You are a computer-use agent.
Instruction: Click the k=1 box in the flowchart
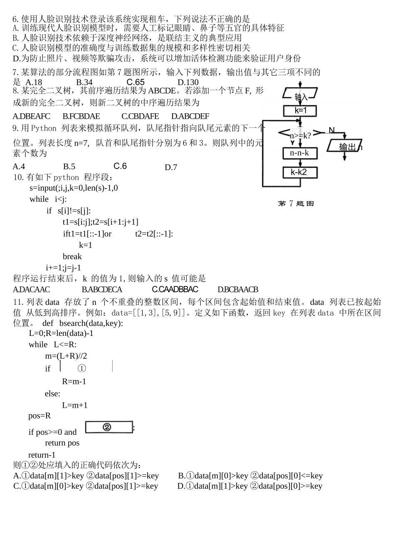coord(300,111)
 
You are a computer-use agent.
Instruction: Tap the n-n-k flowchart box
coord(300,153)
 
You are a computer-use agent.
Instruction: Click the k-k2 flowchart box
coord(299,172)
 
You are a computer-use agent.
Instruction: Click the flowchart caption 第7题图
coord(296,203)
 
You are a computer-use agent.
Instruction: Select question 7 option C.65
coord(136,82)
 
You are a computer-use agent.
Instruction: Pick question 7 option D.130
coord(188,82)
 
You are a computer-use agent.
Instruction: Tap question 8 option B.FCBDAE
coord(81,116)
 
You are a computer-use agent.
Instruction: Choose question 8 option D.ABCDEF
coord(190,116)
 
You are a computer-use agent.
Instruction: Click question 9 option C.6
coord(120,166)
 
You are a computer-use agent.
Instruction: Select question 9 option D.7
coord(171,167)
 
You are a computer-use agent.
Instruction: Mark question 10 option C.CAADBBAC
coord(175,289)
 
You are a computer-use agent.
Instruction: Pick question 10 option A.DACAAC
coord(31,289)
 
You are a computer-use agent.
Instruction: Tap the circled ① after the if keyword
coord(82,368)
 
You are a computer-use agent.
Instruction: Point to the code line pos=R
coord(39,416)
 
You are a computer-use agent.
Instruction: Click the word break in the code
coord(72,256)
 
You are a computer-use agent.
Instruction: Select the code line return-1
coord(42,455)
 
